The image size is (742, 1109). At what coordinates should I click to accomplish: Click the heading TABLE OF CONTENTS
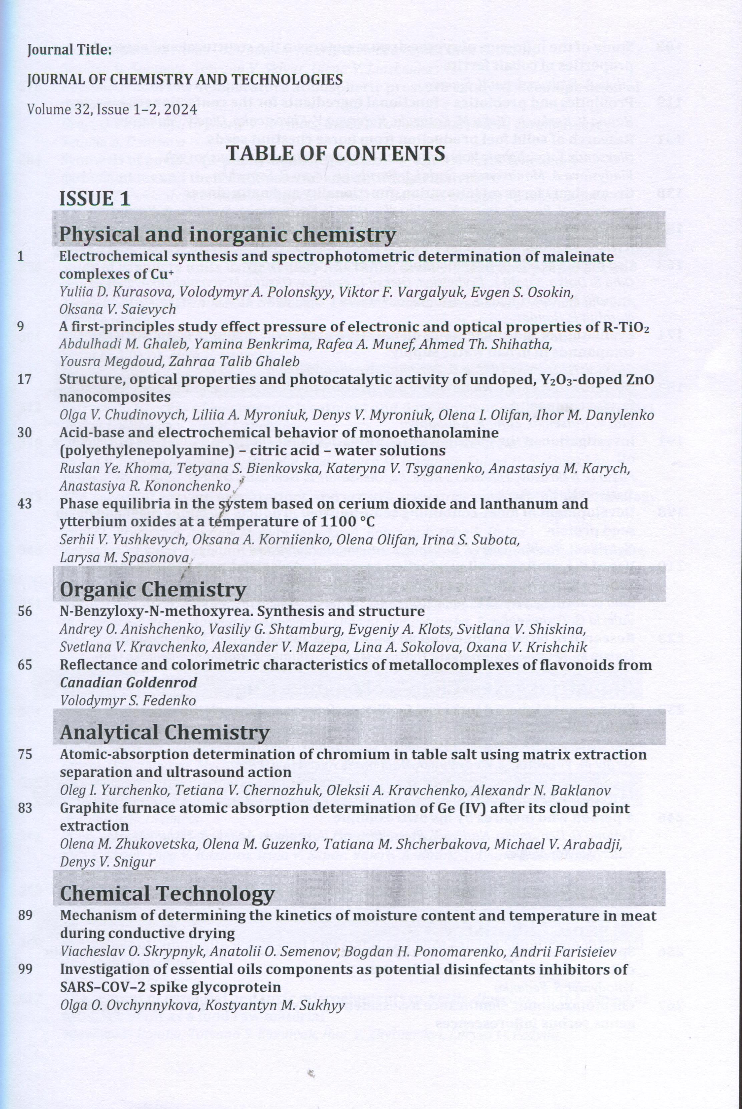click(336, 154)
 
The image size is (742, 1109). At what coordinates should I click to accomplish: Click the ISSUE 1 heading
click(95, 198)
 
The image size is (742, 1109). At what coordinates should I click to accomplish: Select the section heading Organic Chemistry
click(153, 590)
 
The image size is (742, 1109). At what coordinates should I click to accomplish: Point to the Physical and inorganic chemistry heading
click(227, 234)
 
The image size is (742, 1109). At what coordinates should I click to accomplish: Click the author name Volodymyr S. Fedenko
click(128, 701)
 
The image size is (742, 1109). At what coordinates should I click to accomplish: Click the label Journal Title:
click(69, 50)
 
